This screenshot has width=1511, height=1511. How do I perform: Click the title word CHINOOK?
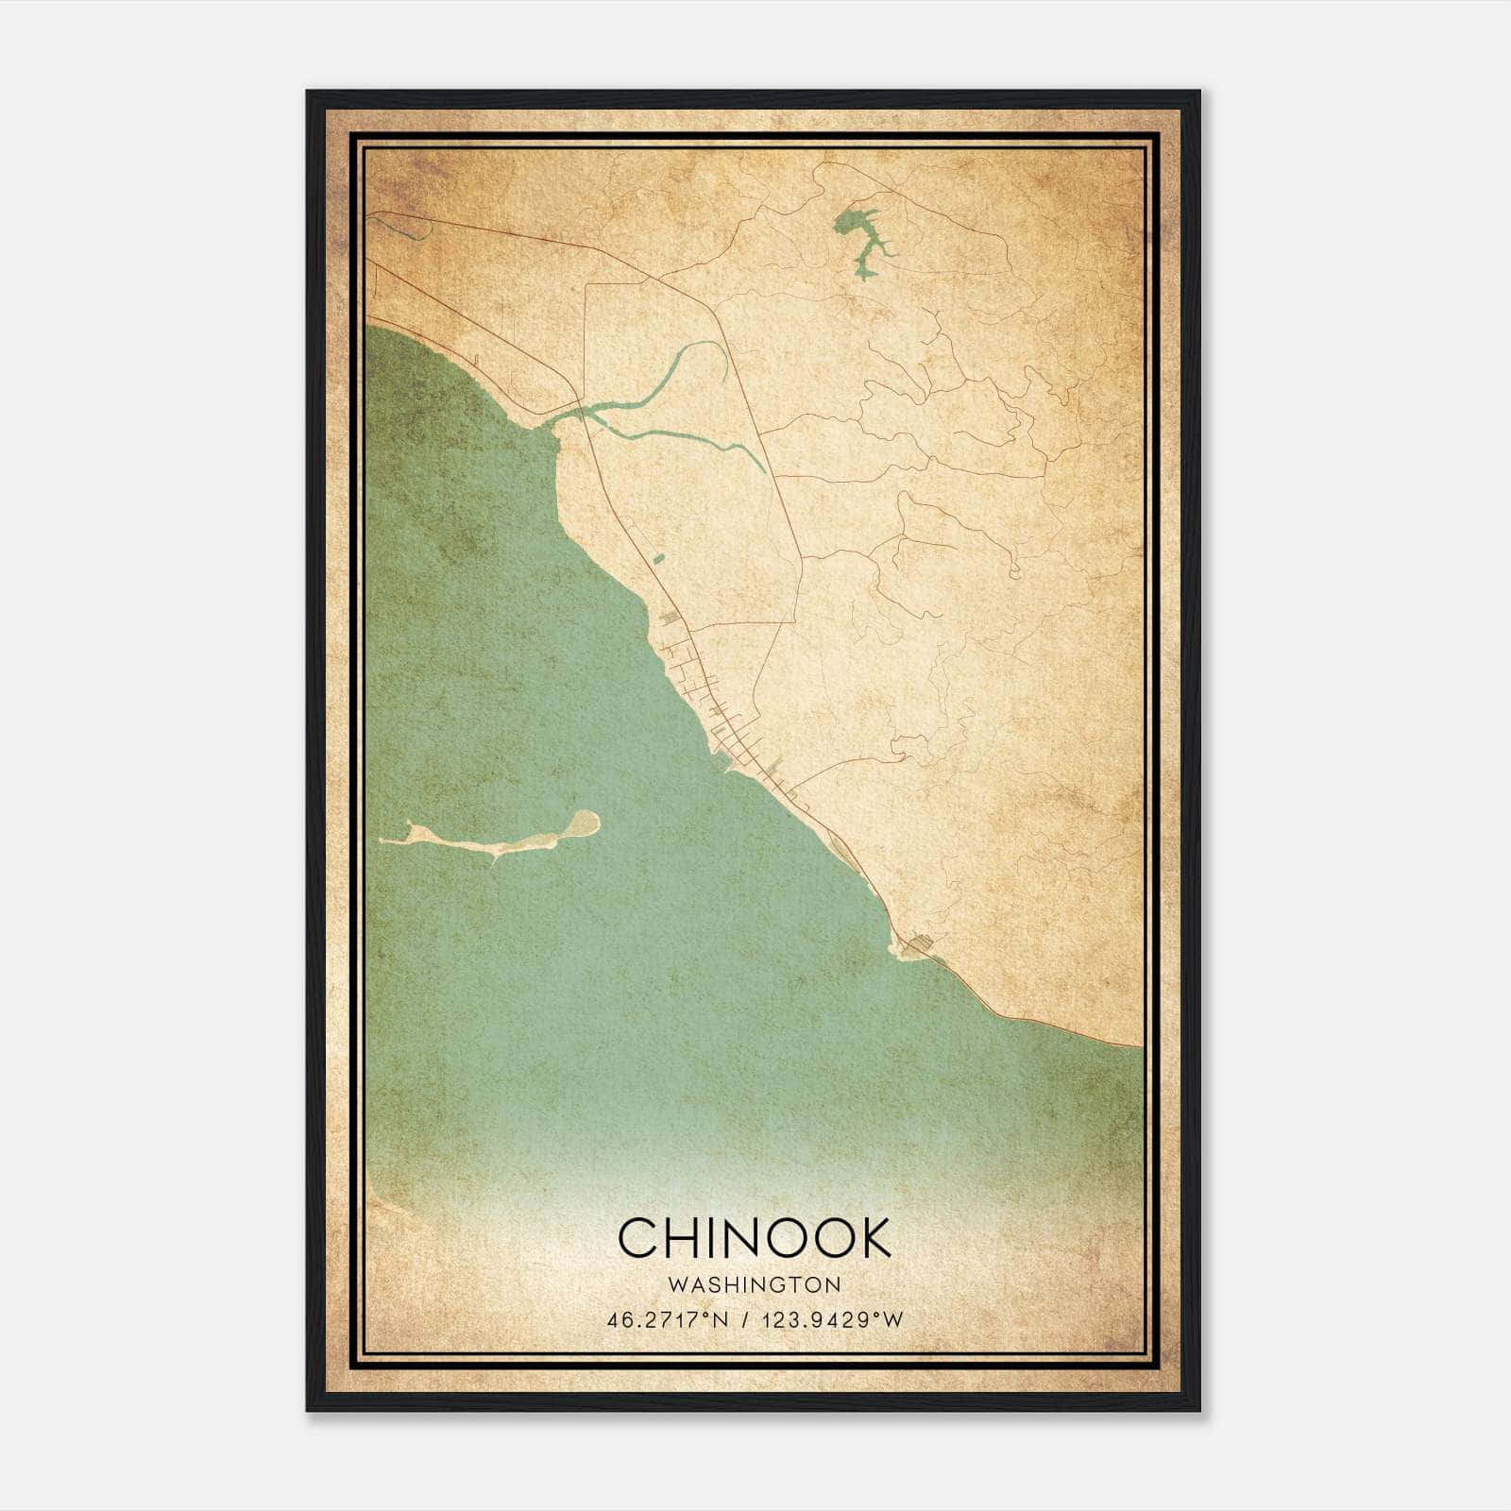[755, 1237]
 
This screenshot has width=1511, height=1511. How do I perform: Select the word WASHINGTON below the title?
[754, 1285]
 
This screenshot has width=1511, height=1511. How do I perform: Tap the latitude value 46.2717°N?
[668, 1319]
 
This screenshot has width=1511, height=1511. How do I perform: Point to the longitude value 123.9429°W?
[830, 1319]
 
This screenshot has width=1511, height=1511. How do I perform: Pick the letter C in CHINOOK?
[638, 1237]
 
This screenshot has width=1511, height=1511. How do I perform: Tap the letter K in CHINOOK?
[874, 1237]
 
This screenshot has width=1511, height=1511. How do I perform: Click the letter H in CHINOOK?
[687, 1237]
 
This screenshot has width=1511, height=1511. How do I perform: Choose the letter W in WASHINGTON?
[674, 1285]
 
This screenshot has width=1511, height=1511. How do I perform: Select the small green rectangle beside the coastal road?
[659, 559]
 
